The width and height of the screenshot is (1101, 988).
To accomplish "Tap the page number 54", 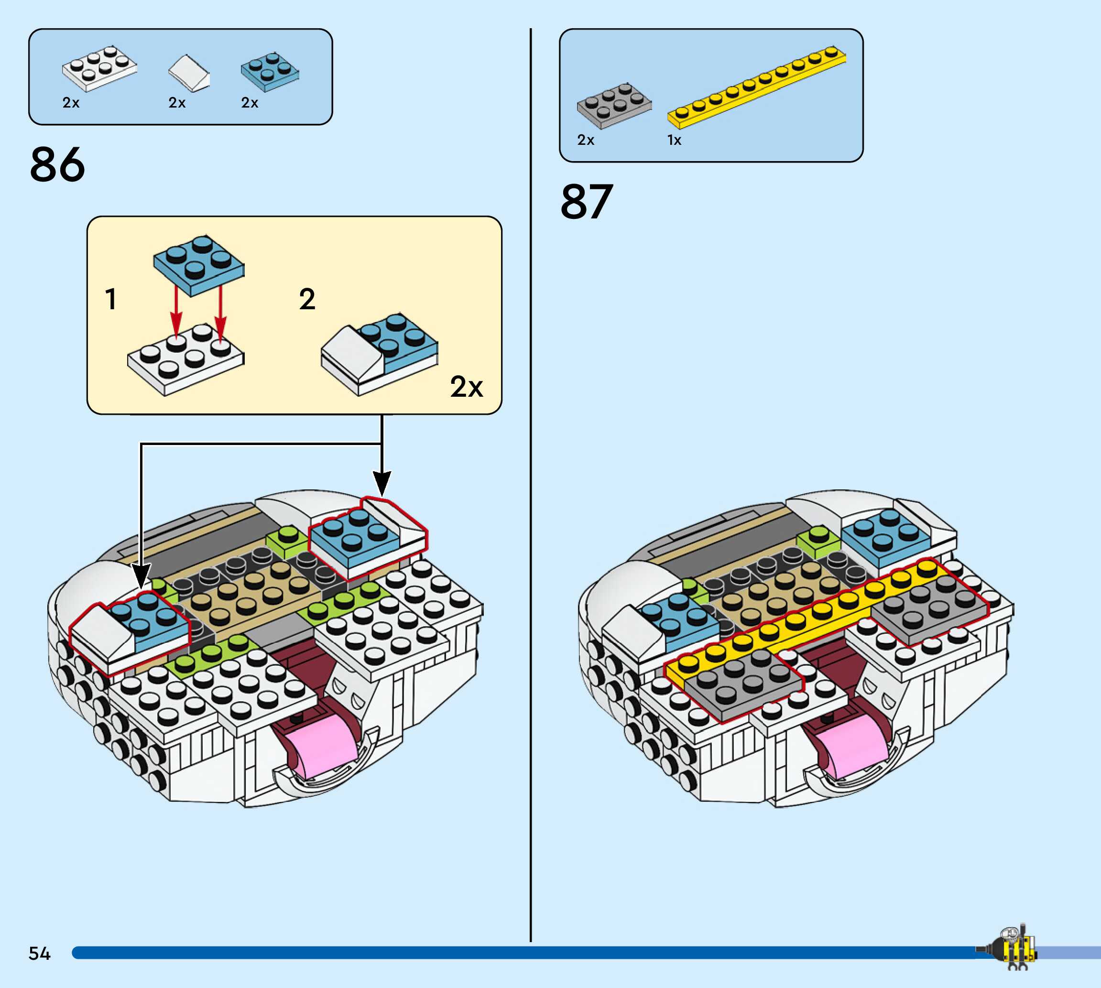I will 39,953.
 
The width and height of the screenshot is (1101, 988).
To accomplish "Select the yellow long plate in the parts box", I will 756,87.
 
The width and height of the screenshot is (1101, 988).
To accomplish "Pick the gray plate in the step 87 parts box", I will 613,105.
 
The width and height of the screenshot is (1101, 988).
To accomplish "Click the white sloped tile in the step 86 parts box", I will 188,73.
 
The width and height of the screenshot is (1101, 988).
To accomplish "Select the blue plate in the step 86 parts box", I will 270,72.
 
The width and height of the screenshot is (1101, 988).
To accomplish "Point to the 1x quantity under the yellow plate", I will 674,140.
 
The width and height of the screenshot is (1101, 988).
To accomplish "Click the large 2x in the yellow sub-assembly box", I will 466,387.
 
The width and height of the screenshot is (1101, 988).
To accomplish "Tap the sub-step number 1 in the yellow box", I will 111,299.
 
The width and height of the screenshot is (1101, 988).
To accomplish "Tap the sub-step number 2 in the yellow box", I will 307,299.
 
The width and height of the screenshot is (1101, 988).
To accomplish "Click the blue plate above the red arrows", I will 199,264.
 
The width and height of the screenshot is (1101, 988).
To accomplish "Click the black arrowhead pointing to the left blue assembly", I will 141,577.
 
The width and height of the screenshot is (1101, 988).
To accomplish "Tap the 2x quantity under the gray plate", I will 585,140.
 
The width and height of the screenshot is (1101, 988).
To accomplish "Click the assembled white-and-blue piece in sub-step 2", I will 380,353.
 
